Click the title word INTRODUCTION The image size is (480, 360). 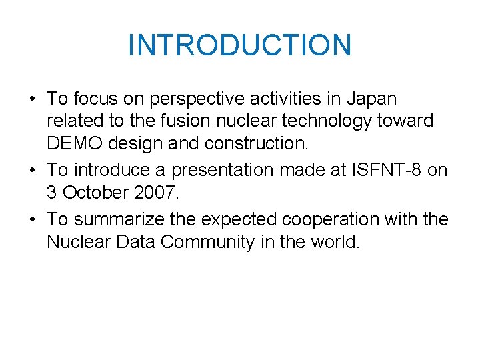tap(239, 45)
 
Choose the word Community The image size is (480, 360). tap(207, 241)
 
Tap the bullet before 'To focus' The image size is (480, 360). tap(31, 100)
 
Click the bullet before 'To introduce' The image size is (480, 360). tap(31, 171)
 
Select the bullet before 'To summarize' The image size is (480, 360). tap(31, 220)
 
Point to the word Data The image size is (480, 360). tap(133, 241)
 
